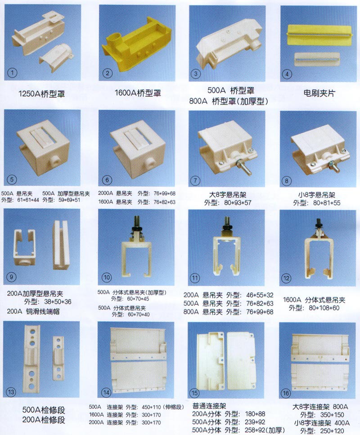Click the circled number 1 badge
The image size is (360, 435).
[x=12, y=73]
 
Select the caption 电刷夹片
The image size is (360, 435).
[x=319, y=93]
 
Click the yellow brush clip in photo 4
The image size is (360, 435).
[x=319, y=35]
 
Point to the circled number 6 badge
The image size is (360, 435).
[x=107, y=180]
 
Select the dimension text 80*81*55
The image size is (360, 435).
[x=327, y=203]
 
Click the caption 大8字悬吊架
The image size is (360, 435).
[x=228, y=195]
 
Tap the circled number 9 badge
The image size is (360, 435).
[x=11, y=277]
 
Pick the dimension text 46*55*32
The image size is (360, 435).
[x=260, y=295]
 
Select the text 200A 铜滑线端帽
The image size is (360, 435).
[x=33, y=311]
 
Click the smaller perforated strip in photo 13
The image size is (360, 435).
[x=58, y=358]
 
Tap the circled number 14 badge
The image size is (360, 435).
[x=106, y=392]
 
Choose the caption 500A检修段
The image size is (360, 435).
[x=44, y=410]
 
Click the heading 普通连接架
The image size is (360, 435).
[x=209, y=406]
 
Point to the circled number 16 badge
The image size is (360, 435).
[x=286, y=393]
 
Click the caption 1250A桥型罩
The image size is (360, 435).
[x=42, y=94]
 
